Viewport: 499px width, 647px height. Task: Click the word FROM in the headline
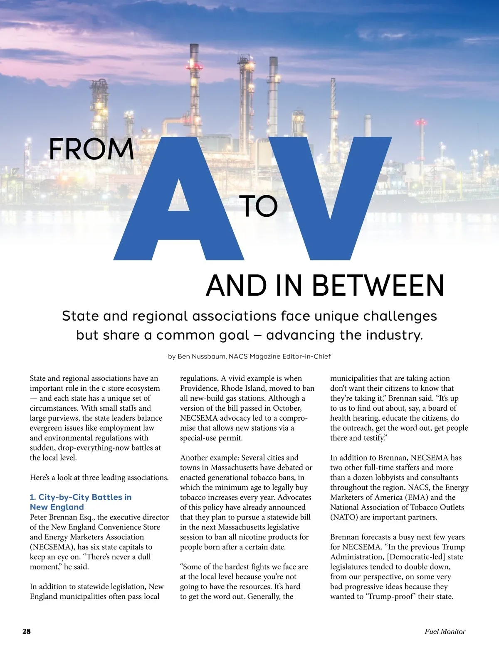[91, 149]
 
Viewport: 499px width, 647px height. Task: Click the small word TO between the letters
[258, 206]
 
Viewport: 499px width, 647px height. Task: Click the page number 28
[26, 631]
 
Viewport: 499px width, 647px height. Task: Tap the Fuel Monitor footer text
[445, 631]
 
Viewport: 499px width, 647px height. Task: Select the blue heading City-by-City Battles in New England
[81, 502]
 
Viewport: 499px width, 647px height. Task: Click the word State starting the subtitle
[80, 316]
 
